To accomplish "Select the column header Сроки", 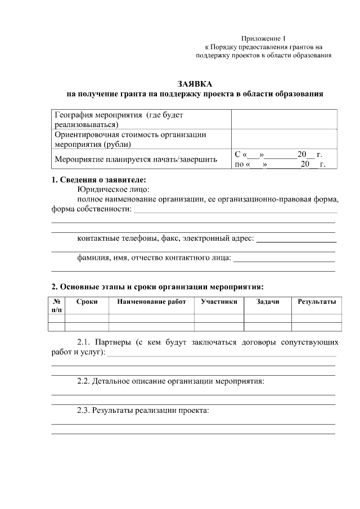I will coord(87,302).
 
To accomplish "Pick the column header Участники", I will coord(219,302).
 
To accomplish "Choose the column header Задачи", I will coord(267,302).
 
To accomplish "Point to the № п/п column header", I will coord(56,305).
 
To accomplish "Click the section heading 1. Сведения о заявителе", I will coord(98,180).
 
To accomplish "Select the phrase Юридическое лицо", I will coord(113,190).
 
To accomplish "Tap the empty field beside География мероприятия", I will coord(284,119).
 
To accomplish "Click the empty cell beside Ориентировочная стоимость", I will coord(284,138).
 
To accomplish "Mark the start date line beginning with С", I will coord(278,154).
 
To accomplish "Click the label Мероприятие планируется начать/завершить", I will coord(136,159).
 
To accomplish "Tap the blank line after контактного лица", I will coord(284,259).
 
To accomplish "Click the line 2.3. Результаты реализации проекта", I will coord(143,410).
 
